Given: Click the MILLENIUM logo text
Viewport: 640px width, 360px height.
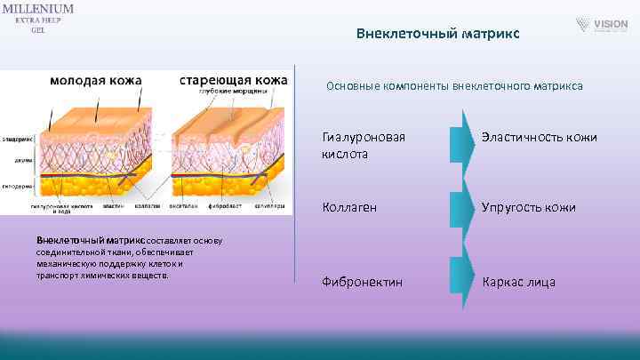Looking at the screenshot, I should (37, 8).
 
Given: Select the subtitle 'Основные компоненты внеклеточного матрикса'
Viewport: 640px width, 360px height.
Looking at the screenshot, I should (454, 86).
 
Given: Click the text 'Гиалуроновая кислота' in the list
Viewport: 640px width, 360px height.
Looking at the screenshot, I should (364, 146).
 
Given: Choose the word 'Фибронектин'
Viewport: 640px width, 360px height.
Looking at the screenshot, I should (362, 282).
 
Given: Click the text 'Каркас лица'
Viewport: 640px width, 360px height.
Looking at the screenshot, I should (518, 282).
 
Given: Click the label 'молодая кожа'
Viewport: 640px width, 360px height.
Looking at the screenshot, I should (95, 80).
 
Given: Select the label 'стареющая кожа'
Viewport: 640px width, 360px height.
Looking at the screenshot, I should (233, 80).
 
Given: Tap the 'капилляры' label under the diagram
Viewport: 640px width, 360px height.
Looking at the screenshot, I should (272, 205).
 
